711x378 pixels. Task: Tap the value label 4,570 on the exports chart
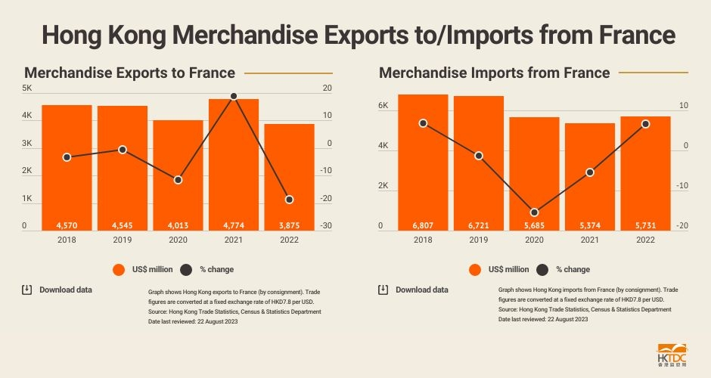(67, 225)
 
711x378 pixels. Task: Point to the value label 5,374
(590, 225)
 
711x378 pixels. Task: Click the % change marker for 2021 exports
(234, 96)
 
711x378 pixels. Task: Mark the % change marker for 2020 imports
(534, 212)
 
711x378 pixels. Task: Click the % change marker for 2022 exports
(289, 200)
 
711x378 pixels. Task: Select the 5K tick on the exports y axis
(26, 88)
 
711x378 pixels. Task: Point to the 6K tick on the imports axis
(383, 106)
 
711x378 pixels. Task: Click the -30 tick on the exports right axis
(326, 226)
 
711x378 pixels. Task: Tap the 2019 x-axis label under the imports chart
(478, 240)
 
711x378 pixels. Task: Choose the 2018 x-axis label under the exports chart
(67, 240)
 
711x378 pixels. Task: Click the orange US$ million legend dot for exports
(118, 269)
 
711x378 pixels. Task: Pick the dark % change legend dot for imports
(542, 269)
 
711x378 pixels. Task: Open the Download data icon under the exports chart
(26, 290)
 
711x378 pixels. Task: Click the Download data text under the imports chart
(421, 290)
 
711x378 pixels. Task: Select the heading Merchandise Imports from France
(494, 73)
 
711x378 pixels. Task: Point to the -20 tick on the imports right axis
(683, 226)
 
